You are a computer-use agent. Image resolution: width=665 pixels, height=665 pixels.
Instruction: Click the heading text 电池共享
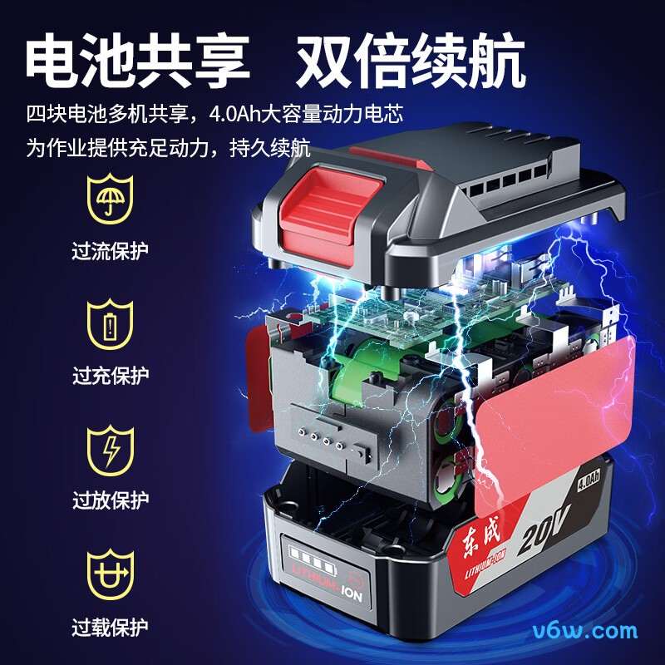(x=137, y=59)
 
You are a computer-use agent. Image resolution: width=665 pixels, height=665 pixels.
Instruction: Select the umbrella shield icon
(x=110, y=197)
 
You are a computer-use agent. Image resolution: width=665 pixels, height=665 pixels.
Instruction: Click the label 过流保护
(x=110, y=250)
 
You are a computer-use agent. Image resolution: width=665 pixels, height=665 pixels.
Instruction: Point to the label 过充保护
(x=110, y=376)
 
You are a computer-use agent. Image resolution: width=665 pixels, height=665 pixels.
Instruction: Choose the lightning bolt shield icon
(x=110, y=450)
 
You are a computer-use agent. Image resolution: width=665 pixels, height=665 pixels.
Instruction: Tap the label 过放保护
(x=110, y=500)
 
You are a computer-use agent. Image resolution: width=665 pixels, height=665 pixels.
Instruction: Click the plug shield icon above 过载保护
(x=110, y=574)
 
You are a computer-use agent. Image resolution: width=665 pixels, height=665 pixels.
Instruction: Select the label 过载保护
(x=110, y=626)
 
